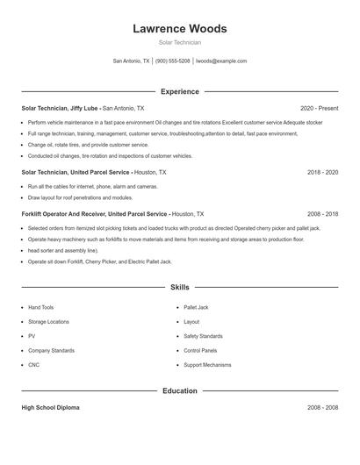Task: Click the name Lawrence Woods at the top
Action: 179,28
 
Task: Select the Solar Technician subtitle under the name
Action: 179,42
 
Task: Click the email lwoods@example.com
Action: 221,61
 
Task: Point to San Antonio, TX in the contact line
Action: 132,61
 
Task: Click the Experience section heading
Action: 179,91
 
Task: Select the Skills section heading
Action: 179,287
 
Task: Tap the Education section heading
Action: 179,390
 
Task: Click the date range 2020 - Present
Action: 319,108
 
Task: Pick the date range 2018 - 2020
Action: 322,173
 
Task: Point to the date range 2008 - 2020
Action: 322,214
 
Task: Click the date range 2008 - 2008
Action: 322,408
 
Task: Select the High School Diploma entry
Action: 52,408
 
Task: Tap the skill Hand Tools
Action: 41,308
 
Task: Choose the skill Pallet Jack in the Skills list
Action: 196,308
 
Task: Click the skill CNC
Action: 34,364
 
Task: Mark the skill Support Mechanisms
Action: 207,364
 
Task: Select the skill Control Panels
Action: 200,350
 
